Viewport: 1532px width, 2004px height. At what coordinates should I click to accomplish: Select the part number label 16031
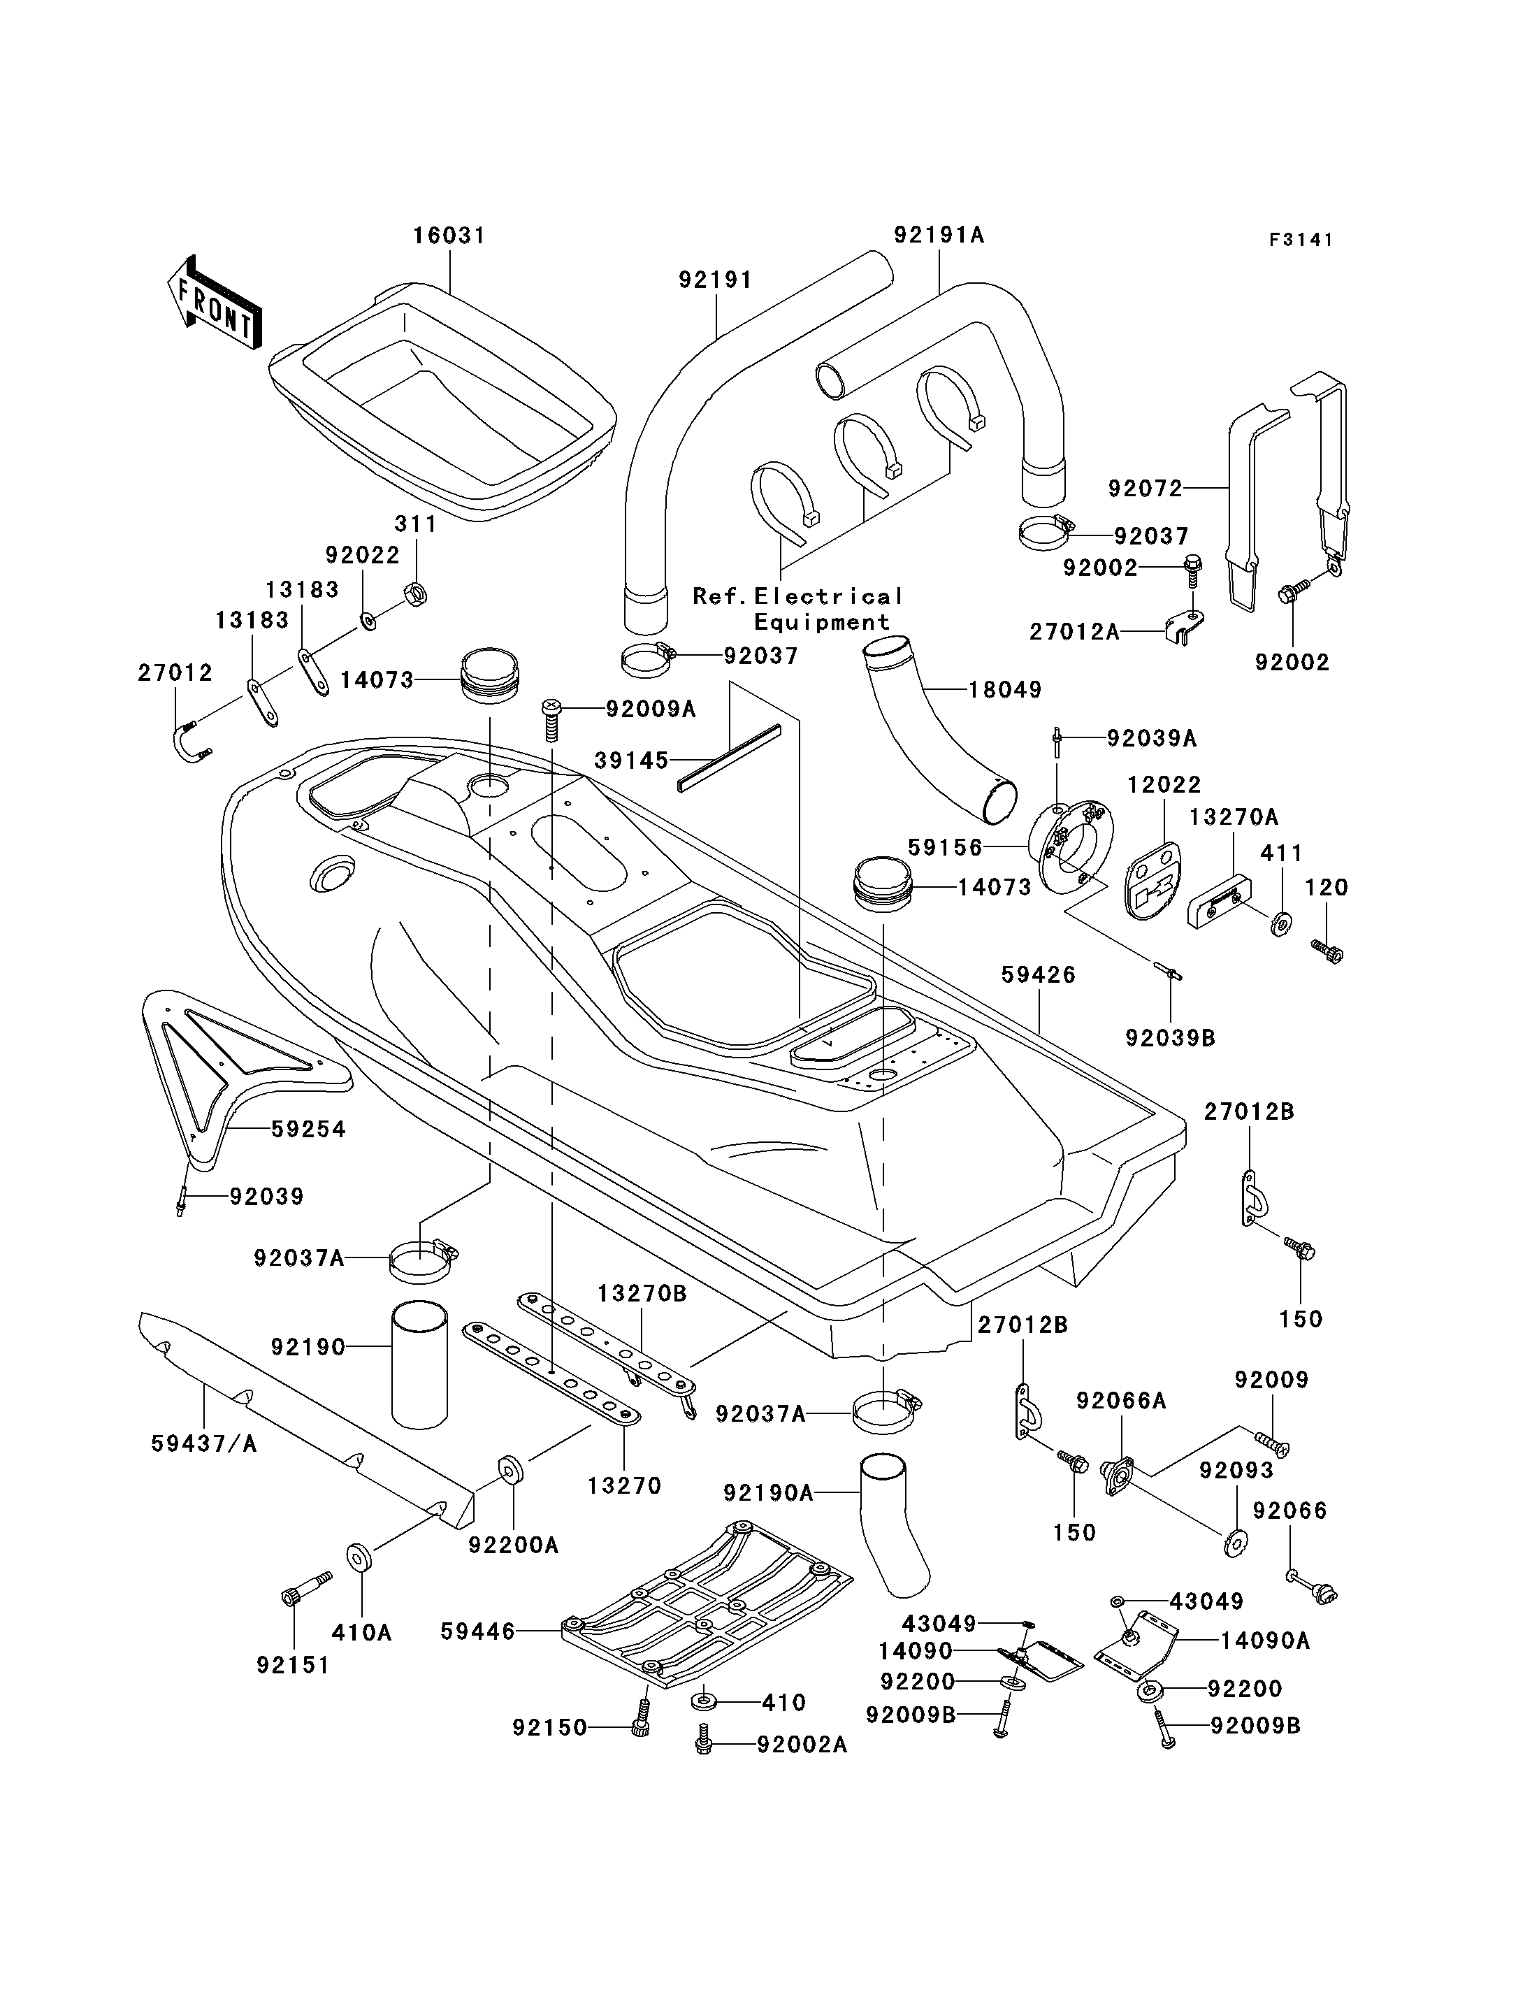(x=449, y=236)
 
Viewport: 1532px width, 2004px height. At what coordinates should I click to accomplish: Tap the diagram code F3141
(x=1301, y=240)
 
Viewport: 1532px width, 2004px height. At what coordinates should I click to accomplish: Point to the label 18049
(x=1005, y=690)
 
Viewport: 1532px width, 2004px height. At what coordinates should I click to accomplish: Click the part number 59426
(x=1039, y=974)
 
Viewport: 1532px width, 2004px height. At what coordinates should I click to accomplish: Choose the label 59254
(x=309, y=1130)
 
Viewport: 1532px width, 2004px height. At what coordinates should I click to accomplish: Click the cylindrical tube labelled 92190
(x=420, y=1364)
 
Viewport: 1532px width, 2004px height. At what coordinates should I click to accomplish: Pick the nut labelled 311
(x=415, y=596)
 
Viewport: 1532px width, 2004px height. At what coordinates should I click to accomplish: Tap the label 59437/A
(x=204, y=1444)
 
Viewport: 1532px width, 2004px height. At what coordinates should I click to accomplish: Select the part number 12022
(x=1164, y=784)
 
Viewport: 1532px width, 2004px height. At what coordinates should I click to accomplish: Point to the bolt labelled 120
(x=1327, y=951)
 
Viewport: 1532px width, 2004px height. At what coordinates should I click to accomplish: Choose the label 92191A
(x=939, y=236)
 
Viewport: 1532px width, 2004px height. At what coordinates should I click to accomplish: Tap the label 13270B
(x=642, y=1293)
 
